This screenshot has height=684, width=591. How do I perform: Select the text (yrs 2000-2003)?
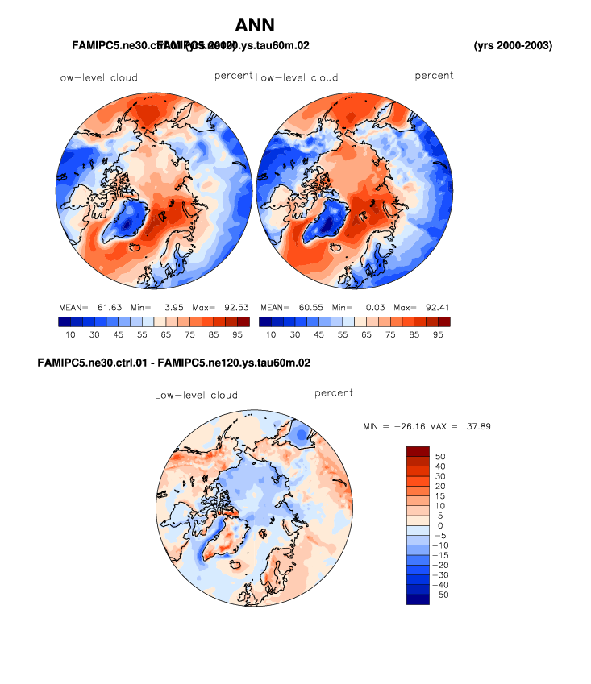point(513,45)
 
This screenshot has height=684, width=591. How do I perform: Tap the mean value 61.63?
point(107,307)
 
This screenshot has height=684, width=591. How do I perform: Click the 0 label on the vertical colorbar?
point(440,525)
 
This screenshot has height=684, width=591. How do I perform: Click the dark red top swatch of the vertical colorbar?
point(418,451)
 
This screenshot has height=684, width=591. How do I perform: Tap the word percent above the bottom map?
point(334,393)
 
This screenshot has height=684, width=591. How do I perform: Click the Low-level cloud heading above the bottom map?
point(196,395)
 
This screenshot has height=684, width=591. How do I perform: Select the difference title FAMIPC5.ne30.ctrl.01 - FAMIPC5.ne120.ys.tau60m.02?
point(174,363)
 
